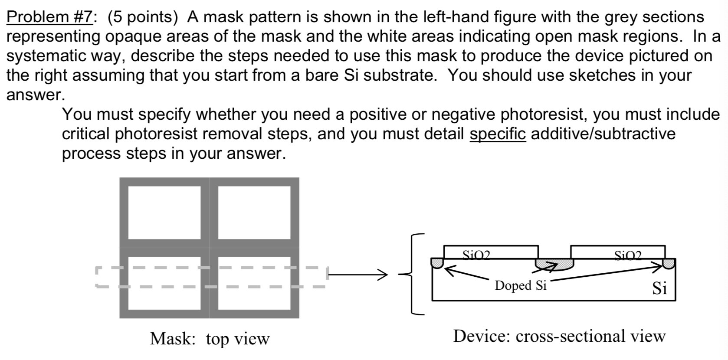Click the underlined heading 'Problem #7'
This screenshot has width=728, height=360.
click(49, 17)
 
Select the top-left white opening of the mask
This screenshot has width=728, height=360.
click(164, 212)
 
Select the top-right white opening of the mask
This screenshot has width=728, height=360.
click(254, 212)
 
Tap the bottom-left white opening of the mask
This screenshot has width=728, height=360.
click(164, 283)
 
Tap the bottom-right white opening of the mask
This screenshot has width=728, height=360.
click(254, 283)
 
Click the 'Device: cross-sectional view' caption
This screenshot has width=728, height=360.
click(559, 336)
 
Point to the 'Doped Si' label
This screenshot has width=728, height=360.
click(520, 285)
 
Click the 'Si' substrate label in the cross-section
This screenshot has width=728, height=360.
click(659, 288)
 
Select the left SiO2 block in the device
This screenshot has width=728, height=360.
click(491, 252)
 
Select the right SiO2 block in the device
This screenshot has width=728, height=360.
click(617, 252)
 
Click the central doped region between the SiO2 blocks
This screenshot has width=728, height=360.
click(554, 264)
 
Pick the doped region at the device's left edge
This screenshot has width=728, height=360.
click(437, 262)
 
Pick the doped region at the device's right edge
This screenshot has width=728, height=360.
click(669, 263)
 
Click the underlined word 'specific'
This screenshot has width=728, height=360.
click(498, 134)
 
